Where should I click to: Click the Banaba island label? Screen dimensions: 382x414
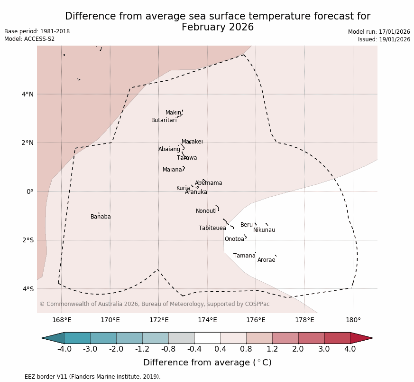(101, 217)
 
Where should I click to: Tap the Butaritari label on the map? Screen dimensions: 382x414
(164, 120)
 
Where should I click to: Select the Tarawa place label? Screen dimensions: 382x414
(187, 158)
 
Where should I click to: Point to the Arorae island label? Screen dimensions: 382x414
(266, 260)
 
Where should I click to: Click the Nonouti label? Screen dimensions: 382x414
(206, 211)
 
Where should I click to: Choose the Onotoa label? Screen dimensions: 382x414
(234, 239)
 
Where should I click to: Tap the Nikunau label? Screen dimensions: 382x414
(264, 230)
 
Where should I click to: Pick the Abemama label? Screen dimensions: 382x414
(209, 183)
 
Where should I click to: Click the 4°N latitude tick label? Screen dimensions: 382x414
(28, 94)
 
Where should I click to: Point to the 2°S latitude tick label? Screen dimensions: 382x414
(28, 240)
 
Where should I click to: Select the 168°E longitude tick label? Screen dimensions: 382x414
(62, 320)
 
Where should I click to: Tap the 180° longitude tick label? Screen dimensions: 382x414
(353, 320)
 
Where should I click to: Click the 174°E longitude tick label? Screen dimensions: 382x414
(207, 320)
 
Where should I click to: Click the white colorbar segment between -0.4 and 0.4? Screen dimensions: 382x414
(207, 338)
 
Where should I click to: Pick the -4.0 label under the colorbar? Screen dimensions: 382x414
(64, 349)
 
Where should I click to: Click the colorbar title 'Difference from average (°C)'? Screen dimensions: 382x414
(207, 363)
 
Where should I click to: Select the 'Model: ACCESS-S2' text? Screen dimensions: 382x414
(29, 39)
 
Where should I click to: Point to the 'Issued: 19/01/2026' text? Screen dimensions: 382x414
(384, 39)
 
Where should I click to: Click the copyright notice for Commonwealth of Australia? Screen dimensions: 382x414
(154, 304)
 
